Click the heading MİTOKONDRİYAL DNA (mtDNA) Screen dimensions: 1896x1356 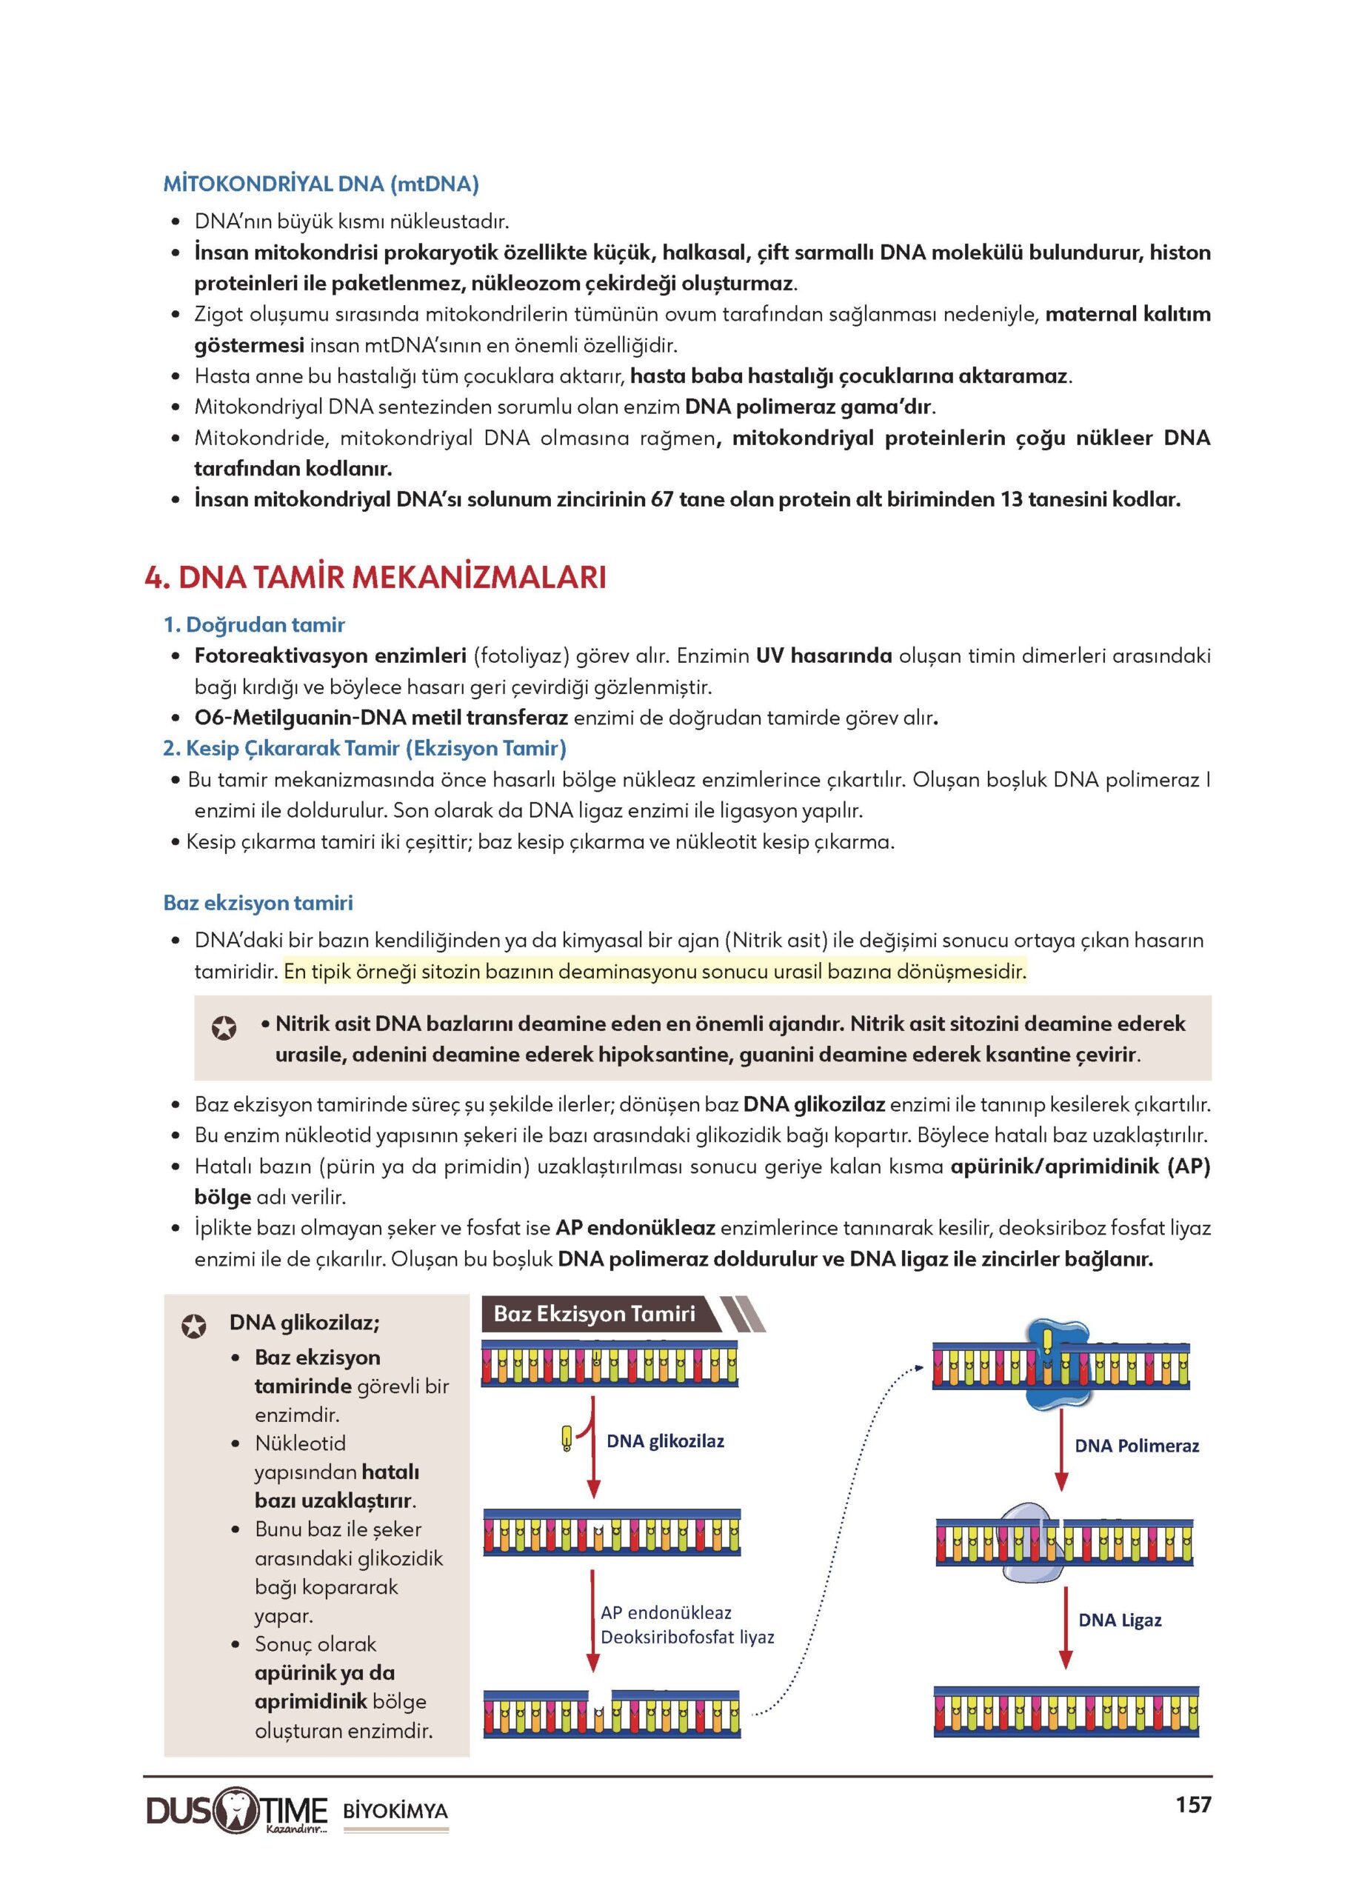click(x=321, y=184)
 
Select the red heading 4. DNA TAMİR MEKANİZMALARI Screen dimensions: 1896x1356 click(x=375, y=578)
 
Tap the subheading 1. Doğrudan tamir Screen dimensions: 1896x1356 click(x=254, y=624)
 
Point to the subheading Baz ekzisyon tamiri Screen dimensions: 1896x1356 click(x=258, y=903)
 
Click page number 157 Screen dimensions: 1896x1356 click(x=1192, y=1805)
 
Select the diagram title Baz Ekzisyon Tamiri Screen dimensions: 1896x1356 click(x=594, y=1314)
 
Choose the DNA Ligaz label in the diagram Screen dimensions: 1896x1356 click(x=1120, y=1620)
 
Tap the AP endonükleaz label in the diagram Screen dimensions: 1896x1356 click(x=666, y=1613)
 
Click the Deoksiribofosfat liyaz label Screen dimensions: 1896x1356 click(x=687, y=1638)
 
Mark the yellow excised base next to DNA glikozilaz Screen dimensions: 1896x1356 click(x=567, y=1438)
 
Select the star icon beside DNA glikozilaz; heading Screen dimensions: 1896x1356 click(x=194, y=1326)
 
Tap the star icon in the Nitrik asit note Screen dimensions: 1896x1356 click(x=224, y=1028)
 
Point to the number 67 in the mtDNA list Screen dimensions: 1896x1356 click(x=662, y=500)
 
